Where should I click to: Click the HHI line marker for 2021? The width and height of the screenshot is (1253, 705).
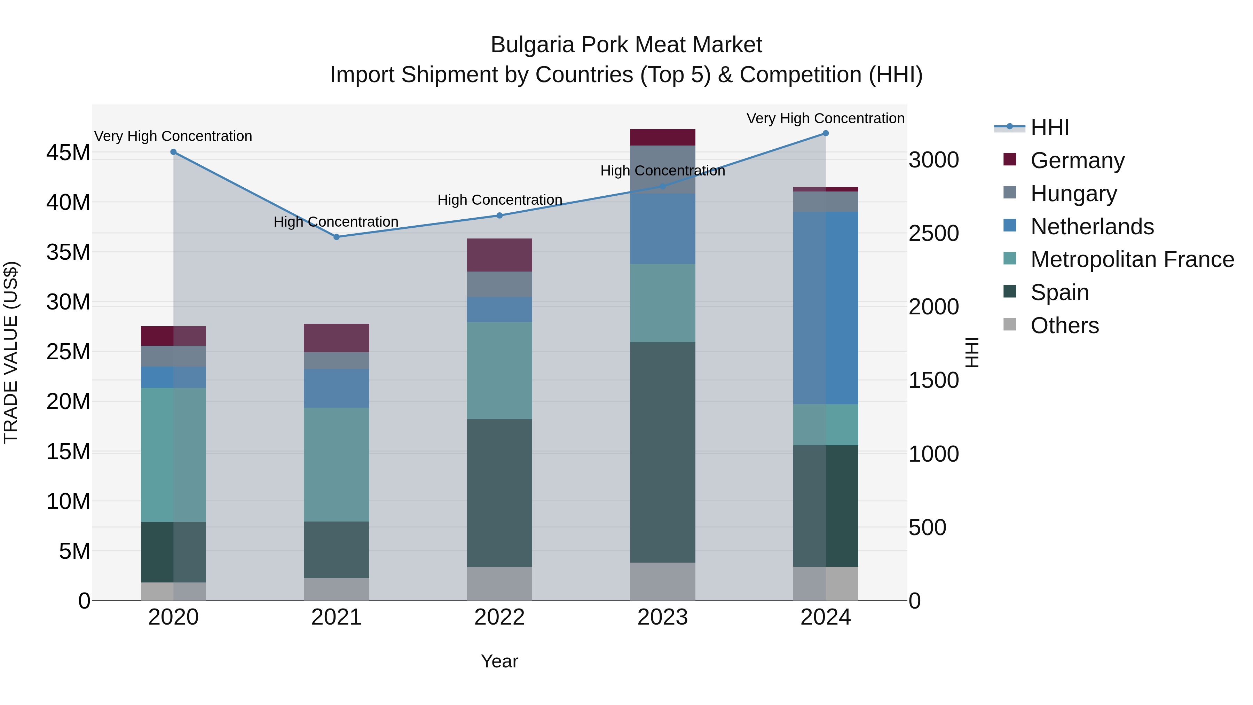click(x=336, y=237)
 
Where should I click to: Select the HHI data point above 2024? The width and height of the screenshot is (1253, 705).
click(x=826, y=133)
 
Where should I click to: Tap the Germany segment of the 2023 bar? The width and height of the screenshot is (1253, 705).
click(x=662, y=137)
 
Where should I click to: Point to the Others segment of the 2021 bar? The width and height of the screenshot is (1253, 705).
click(x=336, y=589)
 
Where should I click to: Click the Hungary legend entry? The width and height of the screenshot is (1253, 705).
click(x=1073, y=194)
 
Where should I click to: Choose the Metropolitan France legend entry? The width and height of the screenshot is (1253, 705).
click(x=1132, y=260)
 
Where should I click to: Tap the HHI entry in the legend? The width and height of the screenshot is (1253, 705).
click(x=1049, y=127)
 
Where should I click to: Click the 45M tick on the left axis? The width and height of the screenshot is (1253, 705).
click(x=68, y=153)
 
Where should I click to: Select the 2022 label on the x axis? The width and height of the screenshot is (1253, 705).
click(x=499, y=617)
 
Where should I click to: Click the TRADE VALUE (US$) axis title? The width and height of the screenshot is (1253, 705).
click(x=11, y=352)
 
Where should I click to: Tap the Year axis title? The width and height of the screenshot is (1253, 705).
click(x=499, y=661)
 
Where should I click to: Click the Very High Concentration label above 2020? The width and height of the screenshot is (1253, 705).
click(x=173, y=136)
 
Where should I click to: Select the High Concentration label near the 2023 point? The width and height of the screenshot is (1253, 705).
click(x=662, y=171)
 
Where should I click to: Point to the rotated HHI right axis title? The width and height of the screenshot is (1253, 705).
click(x=972, y=352)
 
